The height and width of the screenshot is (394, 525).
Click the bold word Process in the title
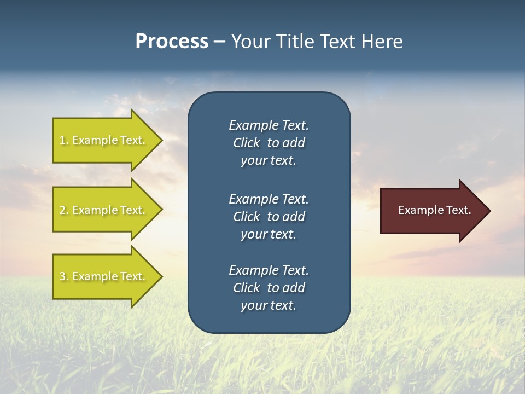coord(172,42)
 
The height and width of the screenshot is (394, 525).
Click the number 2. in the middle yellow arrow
coord(64,210)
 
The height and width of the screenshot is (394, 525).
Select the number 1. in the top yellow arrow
coord(64,140)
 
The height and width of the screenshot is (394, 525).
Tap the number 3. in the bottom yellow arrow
coord(64,276)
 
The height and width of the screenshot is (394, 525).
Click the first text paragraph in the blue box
coord(269,143)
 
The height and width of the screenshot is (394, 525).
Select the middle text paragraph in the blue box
coord(269,217)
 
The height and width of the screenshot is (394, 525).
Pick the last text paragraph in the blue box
coord(269,288)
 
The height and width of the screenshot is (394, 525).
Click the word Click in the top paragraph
coord(246,143)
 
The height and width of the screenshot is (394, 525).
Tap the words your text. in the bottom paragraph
coord(269,305)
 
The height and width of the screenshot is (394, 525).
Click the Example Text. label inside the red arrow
coord(434,210)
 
